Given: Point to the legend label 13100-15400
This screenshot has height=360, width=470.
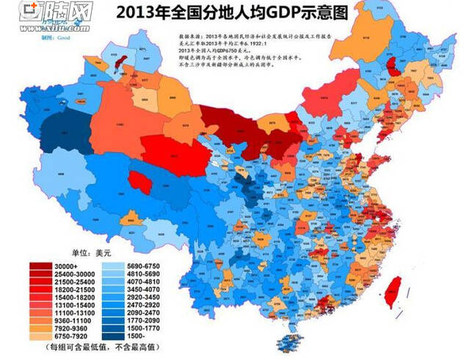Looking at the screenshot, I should (x=74, y=300).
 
